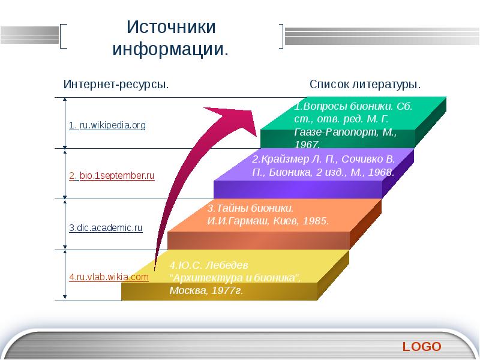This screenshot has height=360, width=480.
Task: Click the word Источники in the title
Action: coord(171,28)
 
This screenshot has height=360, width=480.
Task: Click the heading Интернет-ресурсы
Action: coord(116,85)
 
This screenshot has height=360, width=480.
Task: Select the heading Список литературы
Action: coord(365,85)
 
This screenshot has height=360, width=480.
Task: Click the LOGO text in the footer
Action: coord(422,346)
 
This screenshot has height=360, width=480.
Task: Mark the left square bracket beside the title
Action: coord(64,35)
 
